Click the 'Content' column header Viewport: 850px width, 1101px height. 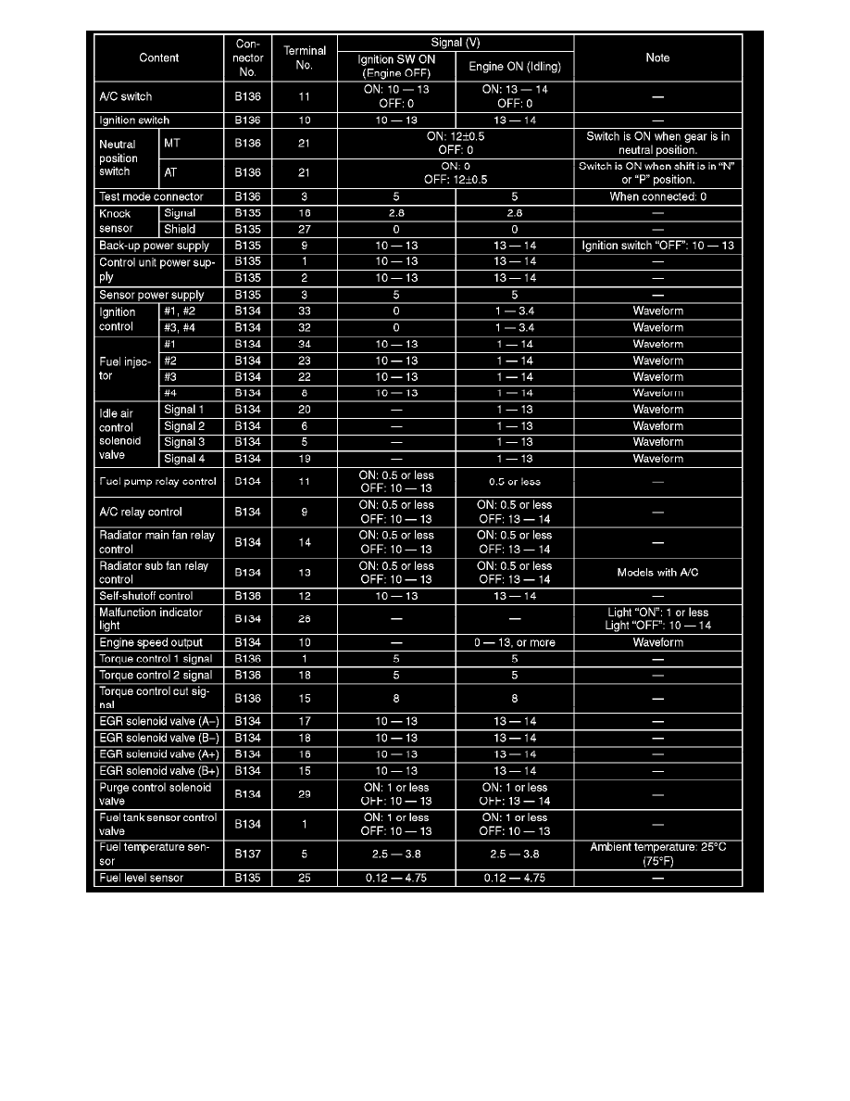pos(158,57)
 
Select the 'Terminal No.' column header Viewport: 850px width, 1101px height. pos(304,57)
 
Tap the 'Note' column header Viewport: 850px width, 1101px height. pos(657,57)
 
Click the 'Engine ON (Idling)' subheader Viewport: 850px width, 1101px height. pos(515,67)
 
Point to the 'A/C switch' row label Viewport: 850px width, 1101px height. pos(125,96)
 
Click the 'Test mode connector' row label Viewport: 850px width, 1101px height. pos(151,196)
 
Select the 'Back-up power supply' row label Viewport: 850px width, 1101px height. pos(154,246)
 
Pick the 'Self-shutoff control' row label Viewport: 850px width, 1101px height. pos(145,596)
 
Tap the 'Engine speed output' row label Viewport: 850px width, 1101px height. pos(150,642)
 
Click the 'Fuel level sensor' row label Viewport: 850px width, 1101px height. pos(141,878)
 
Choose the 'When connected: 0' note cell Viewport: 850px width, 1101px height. pos(657,196)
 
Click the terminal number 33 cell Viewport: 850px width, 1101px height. pos(304,311)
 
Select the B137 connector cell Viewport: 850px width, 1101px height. pos(247,854)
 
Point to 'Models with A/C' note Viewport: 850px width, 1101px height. pos(657,573)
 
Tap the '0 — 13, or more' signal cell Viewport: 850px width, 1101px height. pos(515,642)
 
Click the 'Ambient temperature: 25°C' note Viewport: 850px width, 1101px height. pos(657,848)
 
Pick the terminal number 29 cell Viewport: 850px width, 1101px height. pos(304,794)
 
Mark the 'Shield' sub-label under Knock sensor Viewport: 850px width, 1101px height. pos(180,229)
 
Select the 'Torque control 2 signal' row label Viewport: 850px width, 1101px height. pos(156,675)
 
